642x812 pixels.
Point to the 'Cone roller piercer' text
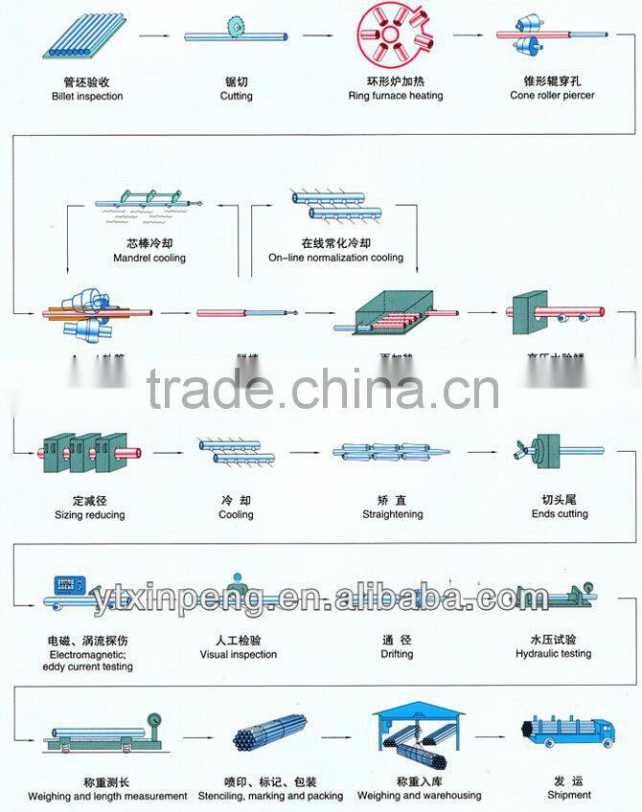pyautogui.click(x=552, y=96)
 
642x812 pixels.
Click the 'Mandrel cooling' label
pyautogui.click(x=149, y=258)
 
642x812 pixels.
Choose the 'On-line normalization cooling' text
pyautogui.click(x=335, y=258)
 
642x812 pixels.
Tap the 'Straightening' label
pyautogui.click(x=392, y=514)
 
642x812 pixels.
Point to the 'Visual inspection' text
pyautogui.click(x=238, y=655)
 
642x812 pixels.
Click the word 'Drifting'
pyautogui.click(x=397, y=654)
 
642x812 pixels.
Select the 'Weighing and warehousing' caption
pyautogui.click(x=420, y=796)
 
